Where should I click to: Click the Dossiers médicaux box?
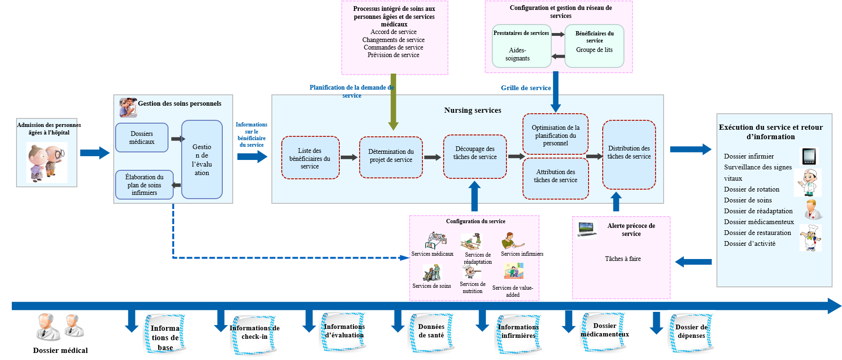(x=142, y=138)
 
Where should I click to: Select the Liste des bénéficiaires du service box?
(x=310, y=158)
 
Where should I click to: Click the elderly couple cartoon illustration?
(x=47, y=163)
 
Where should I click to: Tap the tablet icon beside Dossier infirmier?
(x=809, y=156)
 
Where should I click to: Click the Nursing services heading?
(x=472, y=110)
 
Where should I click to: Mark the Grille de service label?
(x=526, y=88)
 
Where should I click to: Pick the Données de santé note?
(x=431, y=331)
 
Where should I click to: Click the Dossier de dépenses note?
(x=691, y=332)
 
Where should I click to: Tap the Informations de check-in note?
(x=254, y=333)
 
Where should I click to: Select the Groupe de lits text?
(x=594, y=50)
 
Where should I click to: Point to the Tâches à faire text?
(x=623, y=259)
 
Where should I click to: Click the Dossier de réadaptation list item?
(x=758, y=211)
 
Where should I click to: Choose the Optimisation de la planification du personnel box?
(x=556, y=135)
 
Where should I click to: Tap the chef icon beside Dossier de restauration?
(x=810, y=237)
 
